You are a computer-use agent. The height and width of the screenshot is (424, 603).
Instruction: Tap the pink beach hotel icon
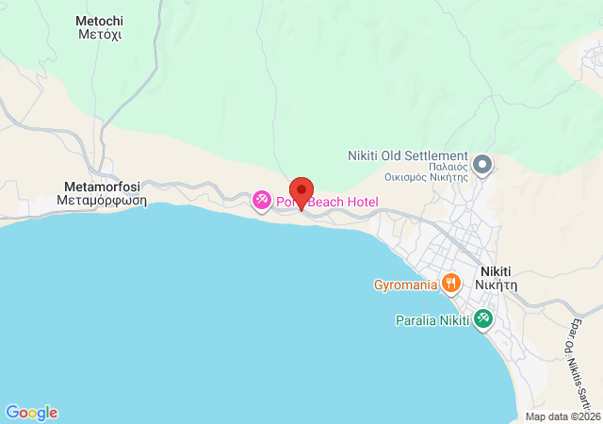click(262, 201)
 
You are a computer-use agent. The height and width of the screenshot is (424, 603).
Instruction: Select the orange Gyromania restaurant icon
click(452, 282)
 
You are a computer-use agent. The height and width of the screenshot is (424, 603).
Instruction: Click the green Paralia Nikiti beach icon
click(483, 319)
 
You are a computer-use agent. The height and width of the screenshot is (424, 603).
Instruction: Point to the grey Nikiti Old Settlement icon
click(483, 166)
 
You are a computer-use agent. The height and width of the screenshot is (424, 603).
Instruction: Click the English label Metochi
click(99, 20)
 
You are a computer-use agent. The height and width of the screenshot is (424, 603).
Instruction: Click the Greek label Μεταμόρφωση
click(101, 200)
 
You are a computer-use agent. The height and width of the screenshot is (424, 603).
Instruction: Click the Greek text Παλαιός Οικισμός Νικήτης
click(427, 171)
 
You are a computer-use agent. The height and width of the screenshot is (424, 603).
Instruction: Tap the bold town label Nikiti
click(498, 268)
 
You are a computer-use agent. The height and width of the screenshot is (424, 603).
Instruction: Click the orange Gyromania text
click(404, 283)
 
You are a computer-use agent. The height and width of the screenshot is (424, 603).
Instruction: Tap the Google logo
click(31, 413)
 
